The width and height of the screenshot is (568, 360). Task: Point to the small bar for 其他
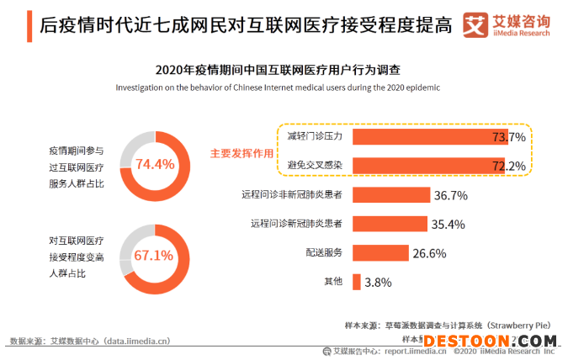[x=357, y=282]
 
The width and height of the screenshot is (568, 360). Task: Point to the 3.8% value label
[x=379, y=283]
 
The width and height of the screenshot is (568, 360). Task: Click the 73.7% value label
[x=509, y=136]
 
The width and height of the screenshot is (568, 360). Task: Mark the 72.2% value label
[x=508, y=165]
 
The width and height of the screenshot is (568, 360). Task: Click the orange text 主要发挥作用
[x=242, y=154]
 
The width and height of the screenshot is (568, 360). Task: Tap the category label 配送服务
[x=324, y=252]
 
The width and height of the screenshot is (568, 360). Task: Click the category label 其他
[x=333, y=282]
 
